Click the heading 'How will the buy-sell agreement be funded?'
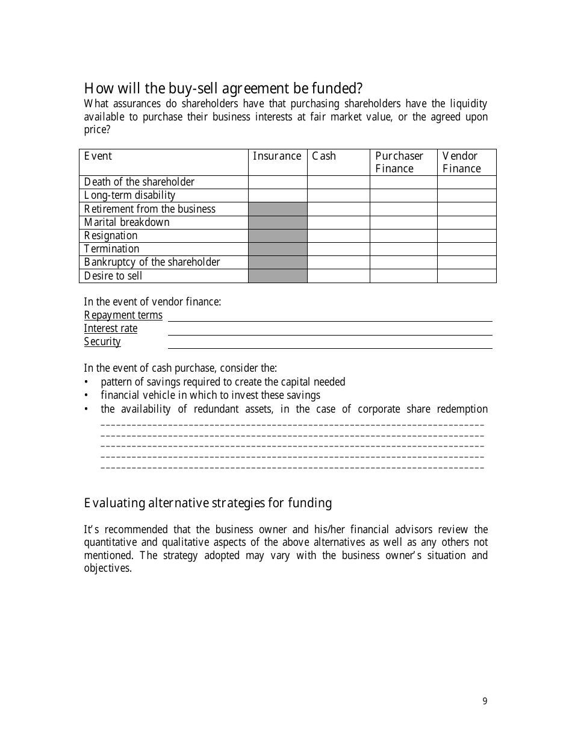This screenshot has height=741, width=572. [223, 89]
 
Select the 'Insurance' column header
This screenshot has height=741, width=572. [277, 156]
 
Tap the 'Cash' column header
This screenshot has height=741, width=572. [324, 156]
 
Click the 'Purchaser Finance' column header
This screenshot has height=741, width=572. [399, 162]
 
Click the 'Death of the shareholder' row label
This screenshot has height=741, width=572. [139, 182]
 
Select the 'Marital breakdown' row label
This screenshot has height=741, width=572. [126, 222]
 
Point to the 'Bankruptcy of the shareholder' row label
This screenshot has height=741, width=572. [152, 262]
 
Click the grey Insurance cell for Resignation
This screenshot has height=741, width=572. [278, 236]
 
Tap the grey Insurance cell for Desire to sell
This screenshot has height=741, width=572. [278, 276]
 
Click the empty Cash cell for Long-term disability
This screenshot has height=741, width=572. [338, 195]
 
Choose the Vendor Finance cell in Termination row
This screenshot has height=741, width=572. [467, 249]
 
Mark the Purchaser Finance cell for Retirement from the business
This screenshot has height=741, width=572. [403, 209]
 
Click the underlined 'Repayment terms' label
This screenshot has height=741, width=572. [123, 315]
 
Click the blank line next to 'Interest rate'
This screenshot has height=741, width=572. [330, 330]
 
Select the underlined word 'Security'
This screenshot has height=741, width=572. [102, 342]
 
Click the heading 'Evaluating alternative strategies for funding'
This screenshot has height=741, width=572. [208, 503]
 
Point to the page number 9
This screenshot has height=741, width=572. [485, 701]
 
